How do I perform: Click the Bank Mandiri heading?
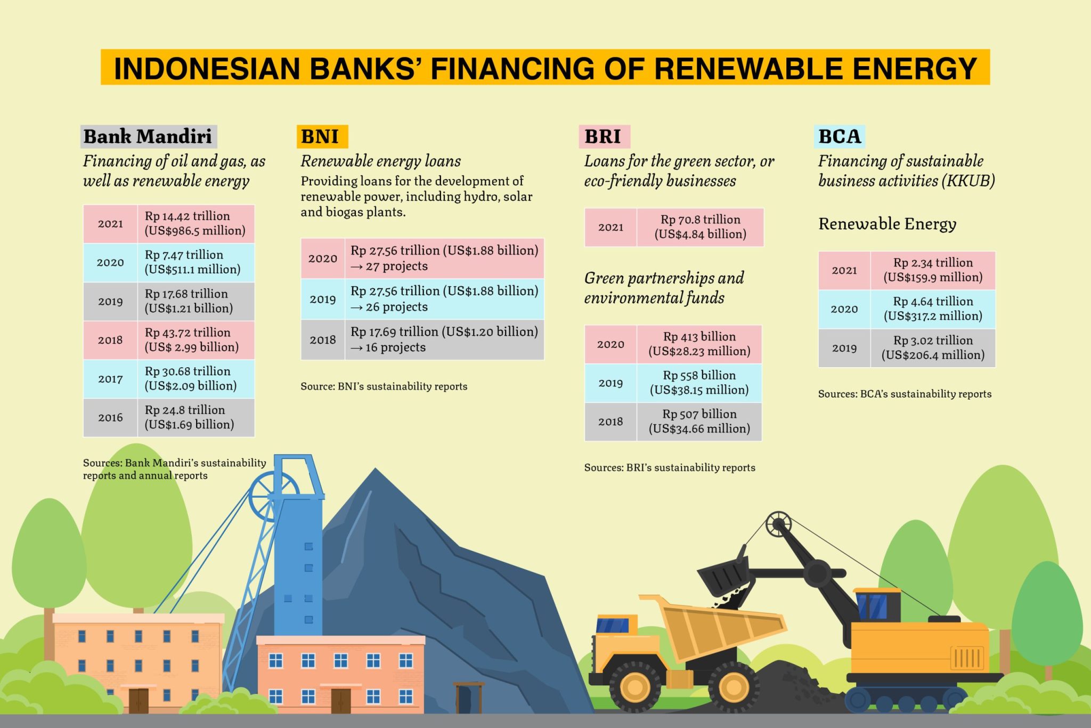point(149,136)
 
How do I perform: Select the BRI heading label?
point(604,136)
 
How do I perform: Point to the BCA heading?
point(840,136)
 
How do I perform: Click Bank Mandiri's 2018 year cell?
point(110,340)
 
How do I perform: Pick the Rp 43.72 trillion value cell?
point(196,340)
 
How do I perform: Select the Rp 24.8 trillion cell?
point(196,417)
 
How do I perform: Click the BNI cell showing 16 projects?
point(444,339)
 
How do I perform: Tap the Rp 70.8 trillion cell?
point(700,227)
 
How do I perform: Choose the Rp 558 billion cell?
point(699,383)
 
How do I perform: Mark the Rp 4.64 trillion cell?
point(933,309)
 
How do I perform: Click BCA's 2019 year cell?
point(844,348)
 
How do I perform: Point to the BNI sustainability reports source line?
point(384,386)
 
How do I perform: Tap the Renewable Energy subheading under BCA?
point(887,224)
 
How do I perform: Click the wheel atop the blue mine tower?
point(273,496)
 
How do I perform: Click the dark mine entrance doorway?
point(468,699)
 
